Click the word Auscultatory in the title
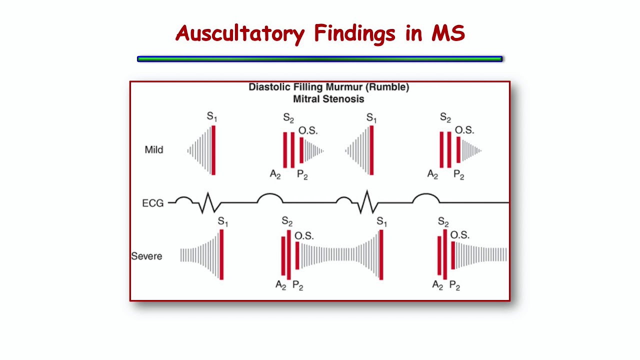pyautogui.click(x=239, y=34)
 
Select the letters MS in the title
pyautogui.click(x=447, y=33)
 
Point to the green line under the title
pyautogui.click(x=319, y=59)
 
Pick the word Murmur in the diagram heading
pyautogui.click(x=344, y=87)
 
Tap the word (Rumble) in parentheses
pyautogui.click(x=387, y=87)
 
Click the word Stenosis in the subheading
pyautogui.click(x=343, y=99)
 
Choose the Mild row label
pyautogui.click(x=153, y=149)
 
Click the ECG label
pyautogui.click(x=152, y=203)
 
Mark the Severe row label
pyautogui.click(x=146, y=256)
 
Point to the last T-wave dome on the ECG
pyautogui.click(x=425, y=198)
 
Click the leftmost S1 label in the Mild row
pyautogui.click(x=212, y=117)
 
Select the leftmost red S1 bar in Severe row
pyautogui.click(x=221, y=254)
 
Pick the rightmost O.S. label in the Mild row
pyautogui.click(x=464, y=130)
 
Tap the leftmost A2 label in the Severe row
pyautogui.click(x=280, y=285)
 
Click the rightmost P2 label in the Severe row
pyautogui.click(x=454, y=286)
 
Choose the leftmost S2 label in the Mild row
pyautogui.click(x=288, y=118)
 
